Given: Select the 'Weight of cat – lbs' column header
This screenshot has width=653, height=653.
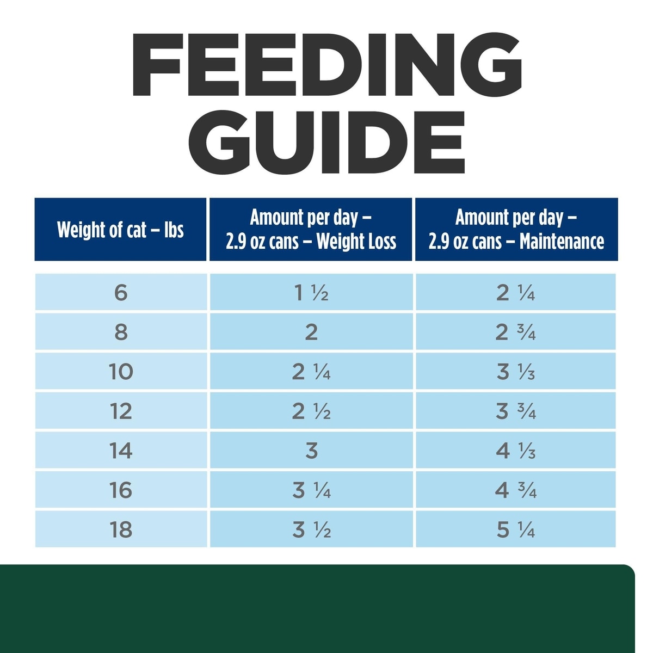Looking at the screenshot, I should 120,230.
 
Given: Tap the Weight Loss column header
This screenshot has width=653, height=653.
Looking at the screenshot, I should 311,230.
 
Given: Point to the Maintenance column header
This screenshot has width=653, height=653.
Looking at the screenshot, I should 516,230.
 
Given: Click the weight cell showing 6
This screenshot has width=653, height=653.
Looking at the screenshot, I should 121,293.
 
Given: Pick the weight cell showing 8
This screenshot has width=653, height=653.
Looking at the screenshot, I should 121,332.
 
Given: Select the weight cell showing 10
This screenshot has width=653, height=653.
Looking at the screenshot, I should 121,372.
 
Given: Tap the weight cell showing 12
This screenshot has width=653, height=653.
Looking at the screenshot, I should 121,411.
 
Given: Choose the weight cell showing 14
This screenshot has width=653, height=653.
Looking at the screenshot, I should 121,451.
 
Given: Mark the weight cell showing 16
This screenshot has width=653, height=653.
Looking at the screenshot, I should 121,490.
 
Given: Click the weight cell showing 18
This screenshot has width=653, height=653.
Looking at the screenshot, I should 121,529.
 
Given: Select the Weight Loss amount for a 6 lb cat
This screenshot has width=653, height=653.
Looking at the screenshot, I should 311,293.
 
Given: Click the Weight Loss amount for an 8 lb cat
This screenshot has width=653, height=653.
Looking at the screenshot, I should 311,332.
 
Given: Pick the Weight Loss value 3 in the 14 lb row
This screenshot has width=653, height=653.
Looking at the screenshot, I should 311,451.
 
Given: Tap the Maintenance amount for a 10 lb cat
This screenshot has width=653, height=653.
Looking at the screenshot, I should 515,372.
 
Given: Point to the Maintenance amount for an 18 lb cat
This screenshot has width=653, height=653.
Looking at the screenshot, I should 515,529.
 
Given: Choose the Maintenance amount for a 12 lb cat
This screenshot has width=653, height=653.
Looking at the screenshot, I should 515,411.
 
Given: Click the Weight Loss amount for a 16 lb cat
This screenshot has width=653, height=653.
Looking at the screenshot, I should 311,490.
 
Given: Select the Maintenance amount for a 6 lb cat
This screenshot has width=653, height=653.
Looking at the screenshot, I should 515,293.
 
